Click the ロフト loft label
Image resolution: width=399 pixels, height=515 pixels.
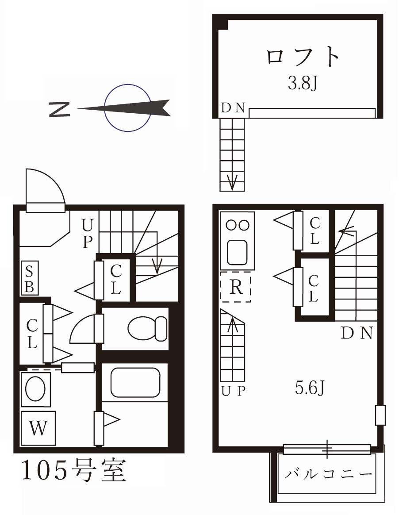[303, 58]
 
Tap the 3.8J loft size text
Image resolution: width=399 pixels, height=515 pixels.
[302, 83]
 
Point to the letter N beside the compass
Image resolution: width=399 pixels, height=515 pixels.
[59, 109]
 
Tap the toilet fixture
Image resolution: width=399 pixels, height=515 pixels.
[147, 328]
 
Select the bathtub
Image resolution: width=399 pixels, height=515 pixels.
[134, 382]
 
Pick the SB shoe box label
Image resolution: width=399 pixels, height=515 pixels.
[30, 278]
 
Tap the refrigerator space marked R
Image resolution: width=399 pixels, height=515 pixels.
[236, 288]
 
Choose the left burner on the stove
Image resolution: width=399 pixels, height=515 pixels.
[231, 225]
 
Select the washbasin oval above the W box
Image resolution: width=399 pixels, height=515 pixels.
[35, 389]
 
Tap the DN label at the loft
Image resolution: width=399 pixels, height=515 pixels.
[233, 108]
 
